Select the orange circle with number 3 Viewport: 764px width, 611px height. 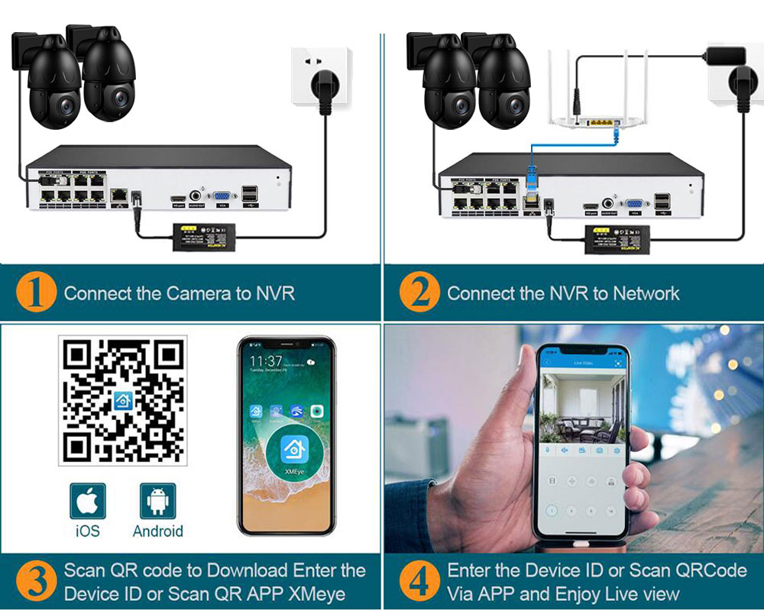point(37,582)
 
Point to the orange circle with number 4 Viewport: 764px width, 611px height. point(419,582)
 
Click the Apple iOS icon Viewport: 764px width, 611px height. point(88,501)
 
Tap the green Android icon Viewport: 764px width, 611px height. point(157,501)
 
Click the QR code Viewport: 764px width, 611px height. point(122,401)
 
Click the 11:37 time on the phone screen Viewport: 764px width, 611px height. point(265,360)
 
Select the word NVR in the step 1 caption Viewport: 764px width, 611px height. point(274,293)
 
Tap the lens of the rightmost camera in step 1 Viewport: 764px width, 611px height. point(118,98)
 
